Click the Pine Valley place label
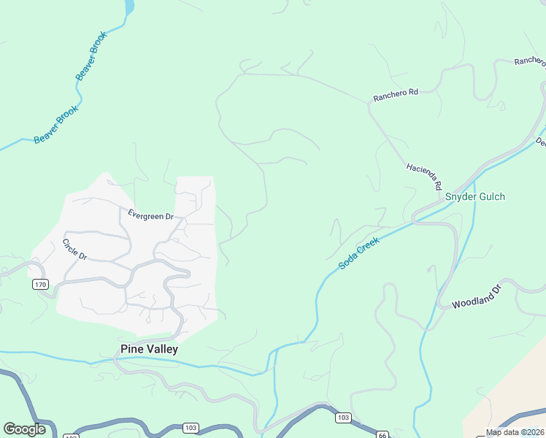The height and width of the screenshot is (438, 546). coord(148,350)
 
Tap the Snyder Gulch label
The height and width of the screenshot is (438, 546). coord(475,197)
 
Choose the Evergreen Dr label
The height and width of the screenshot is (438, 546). coord(150,216)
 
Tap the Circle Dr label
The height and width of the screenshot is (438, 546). coord(74,250)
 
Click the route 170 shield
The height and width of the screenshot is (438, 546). coord(40,284)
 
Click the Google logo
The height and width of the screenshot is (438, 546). coord(24,429)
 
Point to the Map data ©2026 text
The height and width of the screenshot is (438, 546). coord(515,432)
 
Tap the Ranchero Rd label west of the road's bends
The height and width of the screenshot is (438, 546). coord(395,93)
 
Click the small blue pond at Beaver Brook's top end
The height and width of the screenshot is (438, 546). coord(130,7)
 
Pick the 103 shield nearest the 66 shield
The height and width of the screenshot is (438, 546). coord(345,418)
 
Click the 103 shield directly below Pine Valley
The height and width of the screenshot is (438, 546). coord(191,427)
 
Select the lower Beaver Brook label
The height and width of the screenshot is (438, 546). coord(56,124)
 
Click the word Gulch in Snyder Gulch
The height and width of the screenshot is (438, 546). coord(491,197)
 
